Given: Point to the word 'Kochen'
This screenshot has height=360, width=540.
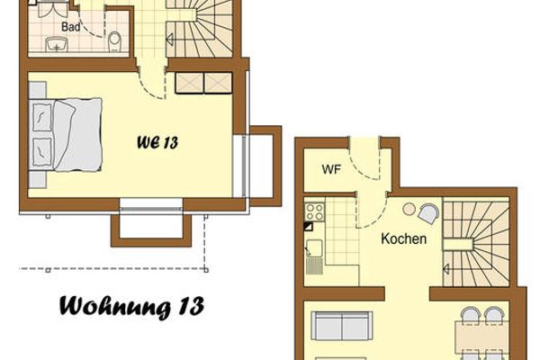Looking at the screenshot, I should pyautogui.click(x=403, y=240).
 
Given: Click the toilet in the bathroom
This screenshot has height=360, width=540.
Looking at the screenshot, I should pyautogui.click(x=114, y=41).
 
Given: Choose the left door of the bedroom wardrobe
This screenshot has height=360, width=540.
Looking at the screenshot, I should pyautogui.click(x=190, y=83).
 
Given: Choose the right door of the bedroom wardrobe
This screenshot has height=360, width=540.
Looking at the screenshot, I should pyautogui.click(x=219, y=83).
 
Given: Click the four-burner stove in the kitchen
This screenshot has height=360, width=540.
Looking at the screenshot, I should pyautogui.click(x=315, y=213).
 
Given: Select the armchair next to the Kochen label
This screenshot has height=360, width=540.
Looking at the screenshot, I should pyautogui.click(x=428, y=214).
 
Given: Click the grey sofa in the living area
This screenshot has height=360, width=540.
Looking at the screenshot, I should pyautogui.click(x=343, y=325).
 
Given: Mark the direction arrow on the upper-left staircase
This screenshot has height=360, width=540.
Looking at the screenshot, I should pyautogui.click(x=169, y=39).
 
